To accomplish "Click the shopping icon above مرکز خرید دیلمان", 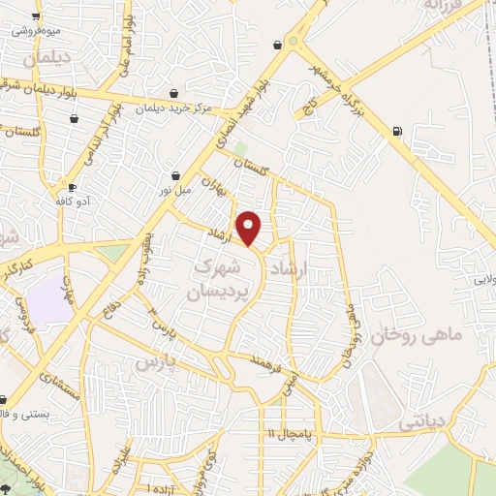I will pos(172,93).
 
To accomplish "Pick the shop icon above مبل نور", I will pos(175,176).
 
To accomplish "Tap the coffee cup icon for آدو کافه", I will pos(71,187).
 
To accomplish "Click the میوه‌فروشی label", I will pos(37,29).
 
